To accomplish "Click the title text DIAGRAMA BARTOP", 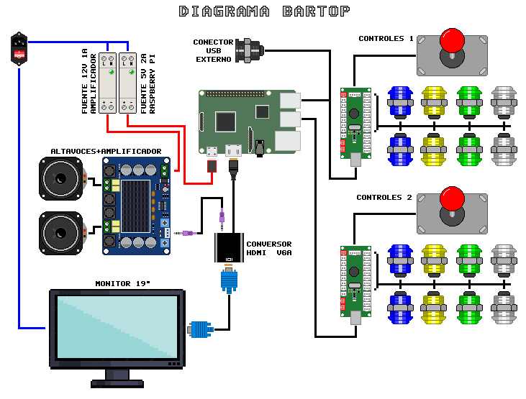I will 264,12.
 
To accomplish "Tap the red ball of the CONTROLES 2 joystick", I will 452,198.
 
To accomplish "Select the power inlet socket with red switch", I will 19,48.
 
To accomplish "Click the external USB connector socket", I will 250,50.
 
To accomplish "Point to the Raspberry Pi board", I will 248,123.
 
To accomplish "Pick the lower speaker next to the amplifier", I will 63,232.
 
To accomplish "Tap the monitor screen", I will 116,326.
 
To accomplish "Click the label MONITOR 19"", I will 123,283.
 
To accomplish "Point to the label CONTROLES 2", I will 384,198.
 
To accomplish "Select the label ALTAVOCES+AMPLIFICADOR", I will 106,151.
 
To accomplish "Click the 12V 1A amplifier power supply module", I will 108,82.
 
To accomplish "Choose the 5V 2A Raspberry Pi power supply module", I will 127,82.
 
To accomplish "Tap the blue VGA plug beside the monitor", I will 201,329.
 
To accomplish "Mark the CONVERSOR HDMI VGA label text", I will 269,248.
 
